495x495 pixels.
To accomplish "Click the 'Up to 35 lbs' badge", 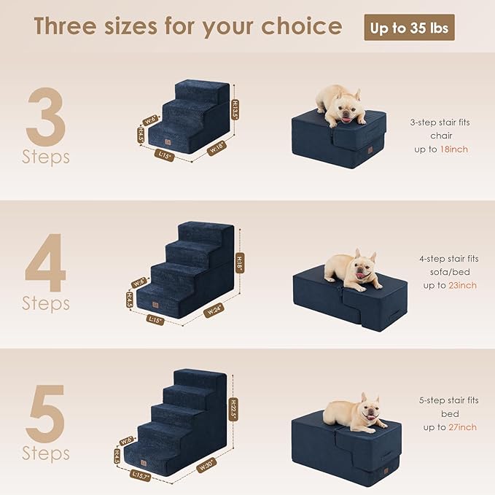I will coord(409,28).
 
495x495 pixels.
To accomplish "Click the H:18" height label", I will coord(240,262).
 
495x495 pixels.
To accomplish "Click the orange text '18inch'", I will coord(453,149).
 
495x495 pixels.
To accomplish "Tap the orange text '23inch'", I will coord(462,285).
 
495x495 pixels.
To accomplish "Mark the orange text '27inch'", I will coord(462,426).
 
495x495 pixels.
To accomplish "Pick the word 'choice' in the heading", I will coord(300,27).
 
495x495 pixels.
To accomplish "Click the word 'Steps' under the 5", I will coord(45,453).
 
